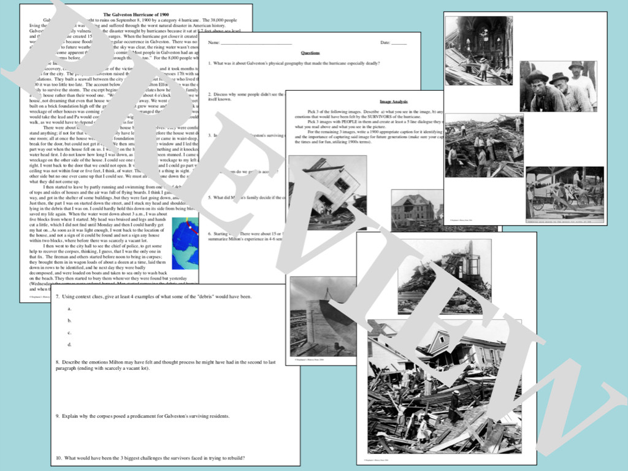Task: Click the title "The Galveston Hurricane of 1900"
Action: click(136, 13)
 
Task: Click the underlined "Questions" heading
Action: click(310, 53)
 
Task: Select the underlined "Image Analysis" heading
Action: click(394, 101)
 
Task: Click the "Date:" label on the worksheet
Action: click(385, 42)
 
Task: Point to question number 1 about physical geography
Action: click(294, 63)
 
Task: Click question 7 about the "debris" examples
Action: click(154, 296)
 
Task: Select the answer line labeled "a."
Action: click(70, 308)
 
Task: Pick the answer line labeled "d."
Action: click(70, 344)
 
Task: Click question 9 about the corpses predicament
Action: click(143, 416)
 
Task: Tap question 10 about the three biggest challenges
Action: click(150, 458)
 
